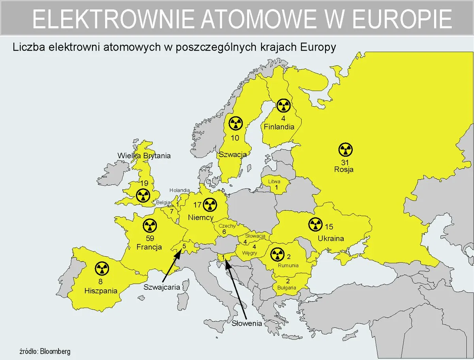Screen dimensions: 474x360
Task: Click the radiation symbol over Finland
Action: pos(283,105)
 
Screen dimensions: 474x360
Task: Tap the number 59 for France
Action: pos(150,238)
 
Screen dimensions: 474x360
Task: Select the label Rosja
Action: pos(344,170)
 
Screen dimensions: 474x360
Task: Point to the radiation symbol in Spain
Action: pos(102,269)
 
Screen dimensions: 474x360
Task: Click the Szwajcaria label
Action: pos(162,287)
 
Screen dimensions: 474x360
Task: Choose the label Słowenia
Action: pos(247,323)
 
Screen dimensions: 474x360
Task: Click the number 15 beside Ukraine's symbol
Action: pos(329,227)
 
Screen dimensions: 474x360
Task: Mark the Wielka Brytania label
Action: pos(144,156)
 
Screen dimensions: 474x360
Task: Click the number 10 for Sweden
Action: pos(235,138)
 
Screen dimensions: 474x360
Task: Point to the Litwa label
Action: pos(274,181)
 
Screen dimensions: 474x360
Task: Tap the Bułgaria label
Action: pos(287,288)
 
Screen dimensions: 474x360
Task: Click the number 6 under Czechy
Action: pos(224,232)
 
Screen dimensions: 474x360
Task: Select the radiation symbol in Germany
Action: pos(210,204)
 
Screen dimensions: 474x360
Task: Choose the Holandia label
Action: pos(180,190)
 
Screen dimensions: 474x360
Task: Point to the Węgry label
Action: pos(250,253)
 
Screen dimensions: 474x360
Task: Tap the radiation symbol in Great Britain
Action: pos(143,195)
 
